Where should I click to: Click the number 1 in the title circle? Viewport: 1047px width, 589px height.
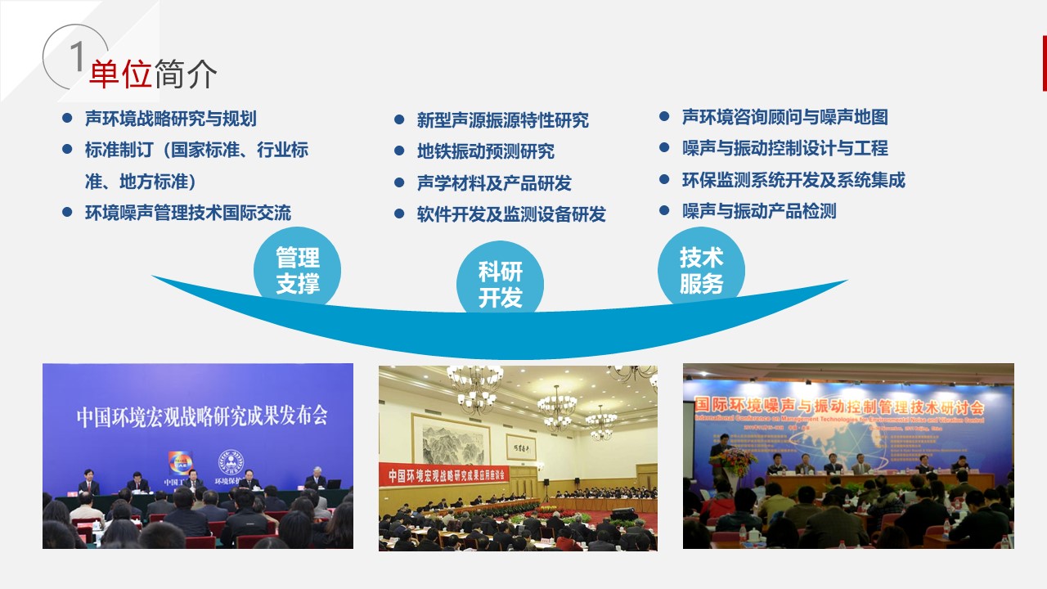(77, 57)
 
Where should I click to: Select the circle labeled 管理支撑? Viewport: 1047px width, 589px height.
(297, 271)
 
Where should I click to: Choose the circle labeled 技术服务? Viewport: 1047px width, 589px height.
(701, 271)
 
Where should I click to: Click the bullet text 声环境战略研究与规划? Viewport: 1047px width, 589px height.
(170, 119)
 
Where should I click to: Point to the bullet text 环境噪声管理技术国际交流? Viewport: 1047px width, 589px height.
(187, 213)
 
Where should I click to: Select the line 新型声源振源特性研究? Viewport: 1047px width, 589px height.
(502, 120)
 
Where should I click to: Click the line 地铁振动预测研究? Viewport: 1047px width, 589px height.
(485, 151)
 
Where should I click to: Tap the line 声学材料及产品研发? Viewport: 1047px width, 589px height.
(494, 183)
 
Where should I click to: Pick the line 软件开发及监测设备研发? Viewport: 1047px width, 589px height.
(511, 214)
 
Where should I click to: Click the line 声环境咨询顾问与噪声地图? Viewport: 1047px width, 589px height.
(784, 117)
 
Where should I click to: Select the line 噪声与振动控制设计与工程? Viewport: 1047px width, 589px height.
(784, 148)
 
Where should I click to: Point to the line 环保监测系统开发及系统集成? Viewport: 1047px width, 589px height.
(793, 180)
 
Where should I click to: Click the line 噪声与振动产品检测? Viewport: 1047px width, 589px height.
(759, 211)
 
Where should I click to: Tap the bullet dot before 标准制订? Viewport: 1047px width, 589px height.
(67, 150)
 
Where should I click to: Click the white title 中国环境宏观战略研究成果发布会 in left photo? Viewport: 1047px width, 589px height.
(202, 416)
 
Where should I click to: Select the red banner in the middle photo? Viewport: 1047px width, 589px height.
(446, 474)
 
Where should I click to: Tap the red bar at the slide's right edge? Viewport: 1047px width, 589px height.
(1044, 63)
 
